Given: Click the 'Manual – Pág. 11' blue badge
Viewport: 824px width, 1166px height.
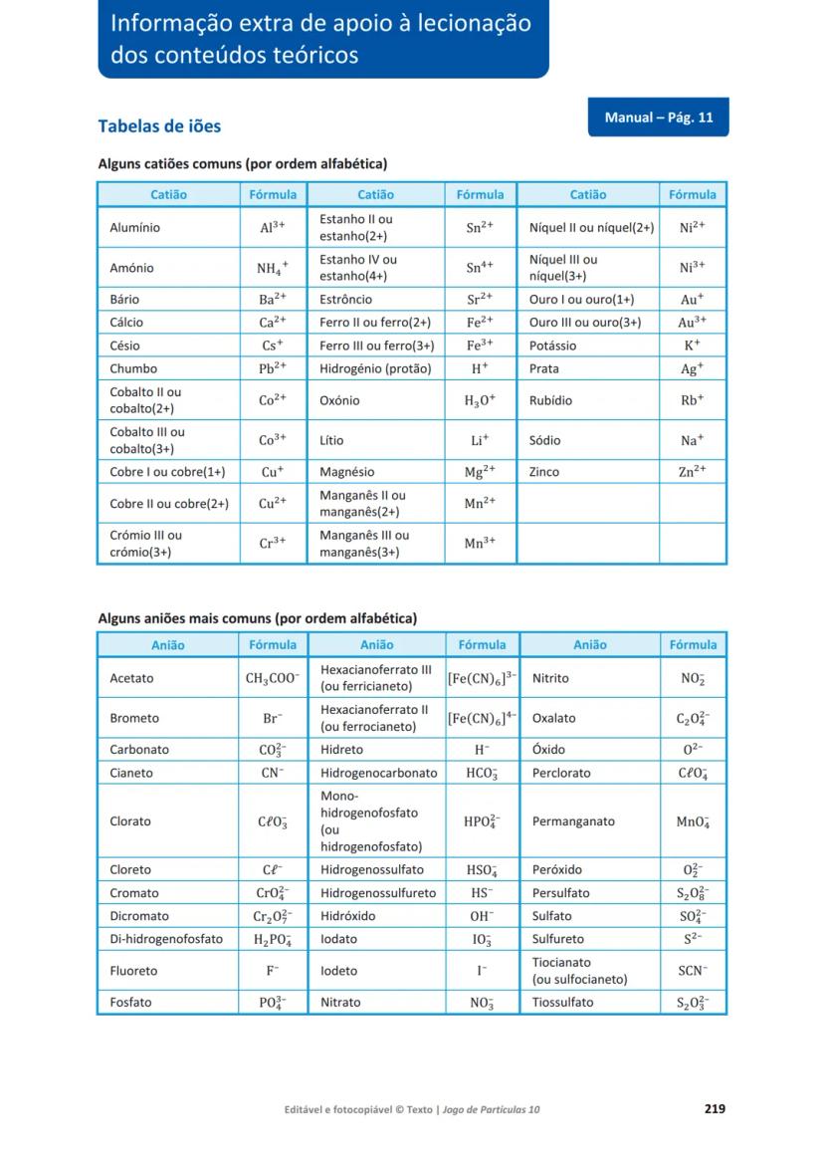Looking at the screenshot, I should [658, 117].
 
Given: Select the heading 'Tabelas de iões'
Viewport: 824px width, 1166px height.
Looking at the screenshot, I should [159, 126].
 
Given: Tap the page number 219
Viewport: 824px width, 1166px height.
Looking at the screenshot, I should [714, 1108].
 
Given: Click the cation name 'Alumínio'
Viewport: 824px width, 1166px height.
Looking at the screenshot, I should [134, 227].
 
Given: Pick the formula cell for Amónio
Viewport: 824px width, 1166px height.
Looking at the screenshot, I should [273, 268].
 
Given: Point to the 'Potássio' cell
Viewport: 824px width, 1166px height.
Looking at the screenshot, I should [552, 346].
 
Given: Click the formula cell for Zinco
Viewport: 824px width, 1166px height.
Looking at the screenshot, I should [693, 472].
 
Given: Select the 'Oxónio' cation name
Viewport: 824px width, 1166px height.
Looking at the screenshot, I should [339, 400].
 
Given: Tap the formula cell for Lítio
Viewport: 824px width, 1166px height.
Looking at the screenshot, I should [480, 440].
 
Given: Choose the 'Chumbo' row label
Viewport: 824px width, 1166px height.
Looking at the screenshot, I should [133, 368].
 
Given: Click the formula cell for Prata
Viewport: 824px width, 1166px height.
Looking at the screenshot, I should [693, 368].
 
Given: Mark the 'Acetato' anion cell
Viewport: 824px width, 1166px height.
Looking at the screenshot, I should [131, 678].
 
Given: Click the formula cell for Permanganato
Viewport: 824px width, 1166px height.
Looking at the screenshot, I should [693, 821].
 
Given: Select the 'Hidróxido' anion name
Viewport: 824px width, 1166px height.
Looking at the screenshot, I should [348, 916].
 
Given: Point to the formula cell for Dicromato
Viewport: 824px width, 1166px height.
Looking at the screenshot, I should [273, 916].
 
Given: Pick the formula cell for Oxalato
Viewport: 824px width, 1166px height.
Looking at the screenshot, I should [693, 718].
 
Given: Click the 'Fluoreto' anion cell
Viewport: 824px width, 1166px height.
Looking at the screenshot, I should [133, 970].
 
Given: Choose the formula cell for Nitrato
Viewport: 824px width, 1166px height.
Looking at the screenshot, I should [482, 1003].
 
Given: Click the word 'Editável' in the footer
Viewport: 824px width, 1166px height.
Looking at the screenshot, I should [306, 1109].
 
